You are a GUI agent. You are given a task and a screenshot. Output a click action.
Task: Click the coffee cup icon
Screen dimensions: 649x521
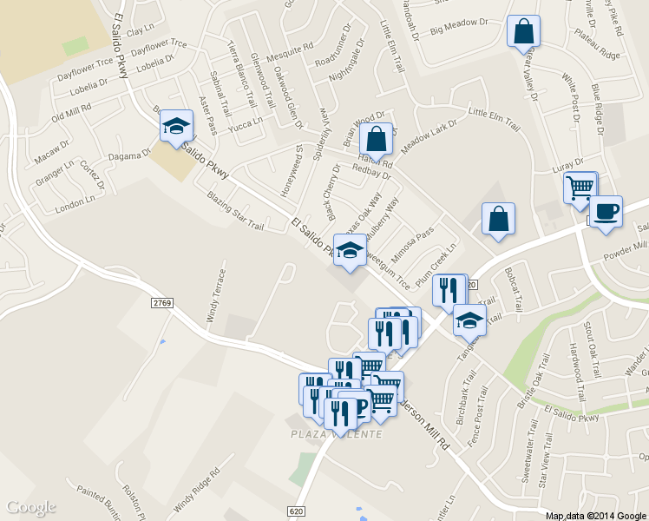coord(606,211)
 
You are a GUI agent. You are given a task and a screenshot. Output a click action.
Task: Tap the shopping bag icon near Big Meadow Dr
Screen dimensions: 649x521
coord(524,32)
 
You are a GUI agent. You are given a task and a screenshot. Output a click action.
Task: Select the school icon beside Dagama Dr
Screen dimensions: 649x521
coord(176,126)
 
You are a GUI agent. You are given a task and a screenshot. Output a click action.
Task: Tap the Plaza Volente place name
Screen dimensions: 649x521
coord(334,433)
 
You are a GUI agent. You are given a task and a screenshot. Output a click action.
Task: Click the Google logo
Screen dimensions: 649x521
coord(31,507)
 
